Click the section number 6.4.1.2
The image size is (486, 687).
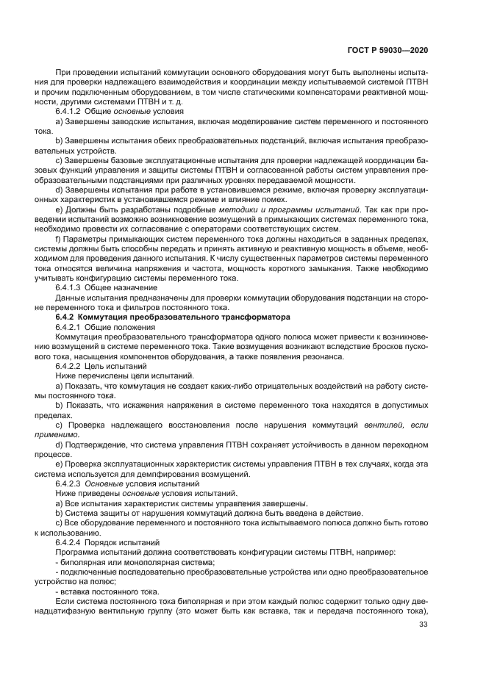[x=69, y=110]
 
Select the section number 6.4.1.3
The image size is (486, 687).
[x=69, y=289]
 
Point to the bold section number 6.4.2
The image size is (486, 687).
[x=67, y=317]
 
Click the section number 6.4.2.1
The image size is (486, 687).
[x=69, y=326]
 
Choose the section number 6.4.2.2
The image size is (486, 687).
[x=69, y=364]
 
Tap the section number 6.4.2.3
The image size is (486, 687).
[x=69, y=486]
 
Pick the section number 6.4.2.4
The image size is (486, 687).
[x=69, y=542]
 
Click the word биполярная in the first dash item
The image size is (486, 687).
[x=79, y=561]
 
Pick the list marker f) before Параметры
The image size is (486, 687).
[x=58, y=241]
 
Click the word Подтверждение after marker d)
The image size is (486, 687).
[x=90, y=445]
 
